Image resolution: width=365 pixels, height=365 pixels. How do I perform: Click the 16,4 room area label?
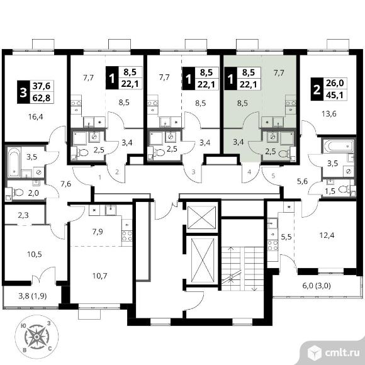point(36,116)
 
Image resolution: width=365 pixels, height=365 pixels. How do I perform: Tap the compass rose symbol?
point(36,337)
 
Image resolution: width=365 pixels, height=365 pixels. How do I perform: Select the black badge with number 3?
point(23,92)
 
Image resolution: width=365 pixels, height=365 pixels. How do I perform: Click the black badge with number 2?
point(317,89)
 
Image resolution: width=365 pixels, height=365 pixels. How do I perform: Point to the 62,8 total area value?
point(42,98)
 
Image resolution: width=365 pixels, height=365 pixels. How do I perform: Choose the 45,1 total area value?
point(335,95)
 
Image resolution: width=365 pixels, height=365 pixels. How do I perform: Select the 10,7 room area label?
point(99,276)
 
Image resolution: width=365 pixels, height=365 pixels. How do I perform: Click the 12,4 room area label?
point(327,235)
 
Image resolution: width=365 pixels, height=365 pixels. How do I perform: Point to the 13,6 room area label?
point(329,114)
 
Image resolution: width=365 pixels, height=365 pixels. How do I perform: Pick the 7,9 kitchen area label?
point(98,232)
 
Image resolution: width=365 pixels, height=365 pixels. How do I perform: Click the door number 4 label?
point(249,172)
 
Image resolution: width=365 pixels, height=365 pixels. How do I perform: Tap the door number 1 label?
point(100,177)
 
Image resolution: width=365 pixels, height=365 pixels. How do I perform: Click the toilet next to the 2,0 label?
point(18,193)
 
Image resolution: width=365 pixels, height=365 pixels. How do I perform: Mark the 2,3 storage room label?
point(23,215)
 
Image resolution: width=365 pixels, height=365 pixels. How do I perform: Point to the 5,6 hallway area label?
point(302,181)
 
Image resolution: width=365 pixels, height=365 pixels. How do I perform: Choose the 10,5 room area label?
point(35,254)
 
